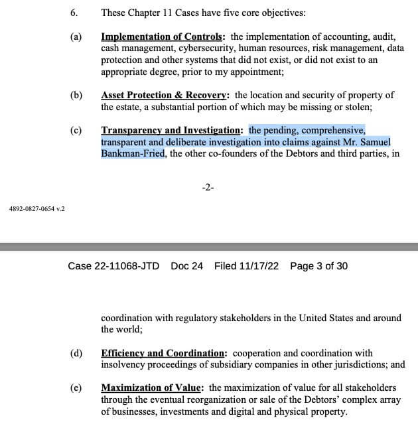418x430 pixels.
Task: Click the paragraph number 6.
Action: point(73,13)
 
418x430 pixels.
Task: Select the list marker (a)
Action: point(75,37)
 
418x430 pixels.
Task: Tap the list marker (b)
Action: point(75,95)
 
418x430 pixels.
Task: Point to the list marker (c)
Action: point(75,130)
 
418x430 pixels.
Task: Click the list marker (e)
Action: point(75,388)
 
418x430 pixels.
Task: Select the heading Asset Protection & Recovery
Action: point(163,95)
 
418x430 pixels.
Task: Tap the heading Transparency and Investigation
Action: point(173,130)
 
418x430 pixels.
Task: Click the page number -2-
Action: point(207,188)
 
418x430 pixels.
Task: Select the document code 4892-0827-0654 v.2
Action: point(37,209)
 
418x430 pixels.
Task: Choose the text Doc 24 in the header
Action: point(186,266)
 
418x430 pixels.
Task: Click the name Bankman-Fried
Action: point(132,155)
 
